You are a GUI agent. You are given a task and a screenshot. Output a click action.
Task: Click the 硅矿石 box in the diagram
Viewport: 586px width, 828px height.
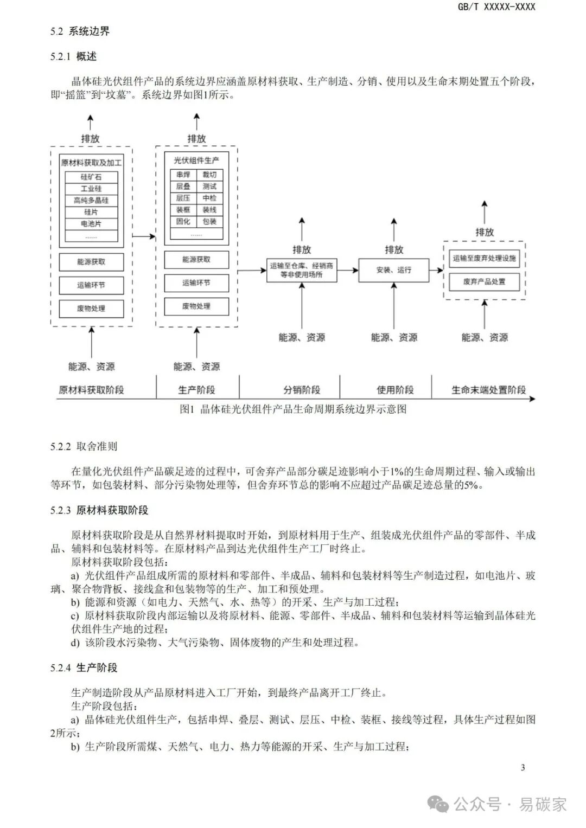[x=91, y=177]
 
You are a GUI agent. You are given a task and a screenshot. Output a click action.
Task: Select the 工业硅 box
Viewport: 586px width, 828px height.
[x=91, y=189]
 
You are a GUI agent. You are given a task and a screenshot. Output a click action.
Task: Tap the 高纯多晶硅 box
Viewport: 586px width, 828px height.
[x=91, y=200]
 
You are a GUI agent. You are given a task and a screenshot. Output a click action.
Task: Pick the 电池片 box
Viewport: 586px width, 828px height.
[x=91, y=223]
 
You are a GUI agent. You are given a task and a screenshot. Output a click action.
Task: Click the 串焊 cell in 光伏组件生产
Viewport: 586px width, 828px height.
[x=183, y=175]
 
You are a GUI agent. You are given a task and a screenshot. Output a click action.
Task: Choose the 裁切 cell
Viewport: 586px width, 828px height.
[x=209, y=175]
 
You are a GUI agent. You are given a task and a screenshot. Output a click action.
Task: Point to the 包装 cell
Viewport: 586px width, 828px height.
[x=209, y=221]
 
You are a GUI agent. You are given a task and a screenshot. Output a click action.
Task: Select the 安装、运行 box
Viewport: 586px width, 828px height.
[x=393, y=270]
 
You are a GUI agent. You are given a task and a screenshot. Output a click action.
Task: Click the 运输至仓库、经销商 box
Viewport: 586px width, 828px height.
[x=302, y=270]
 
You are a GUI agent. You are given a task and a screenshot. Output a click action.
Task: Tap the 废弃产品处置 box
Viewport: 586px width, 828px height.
[x=484, y=282]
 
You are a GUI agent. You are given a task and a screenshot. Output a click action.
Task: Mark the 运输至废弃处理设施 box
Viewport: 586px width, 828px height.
[x=484, y=259]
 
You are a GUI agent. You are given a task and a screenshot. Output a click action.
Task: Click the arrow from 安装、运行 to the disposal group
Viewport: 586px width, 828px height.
[x=436, y=269]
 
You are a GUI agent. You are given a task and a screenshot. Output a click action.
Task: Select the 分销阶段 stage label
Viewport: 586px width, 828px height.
[x=302, y=390]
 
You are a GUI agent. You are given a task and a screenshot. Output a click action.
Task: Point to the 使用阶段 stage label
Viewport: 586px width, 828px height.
[x=395, y=390]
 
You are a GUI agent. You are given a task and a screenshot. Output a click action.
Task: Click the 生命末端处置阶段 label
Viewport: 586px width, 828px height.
[x=488, y=390]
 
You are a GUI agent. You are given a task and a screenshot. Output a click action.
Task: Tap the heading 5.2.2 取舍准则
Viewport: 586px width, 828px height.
[x=84, y=447]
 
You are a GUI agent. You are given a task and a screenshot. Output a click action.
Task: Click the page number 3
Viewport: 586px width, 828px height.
[x=523, y=767]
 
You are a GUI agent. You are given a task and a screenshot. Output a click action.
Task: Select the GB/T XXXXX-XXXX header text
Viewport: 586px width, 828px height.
[x=496, y=7]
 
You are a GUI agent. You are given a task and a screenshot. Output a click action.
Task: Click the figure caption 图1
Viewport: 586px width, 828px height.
[x=293, y=409]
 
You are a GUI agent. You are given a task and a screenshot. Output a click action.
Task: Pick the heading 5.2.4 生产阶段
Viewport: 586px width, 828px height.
[x=84, y=667]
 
